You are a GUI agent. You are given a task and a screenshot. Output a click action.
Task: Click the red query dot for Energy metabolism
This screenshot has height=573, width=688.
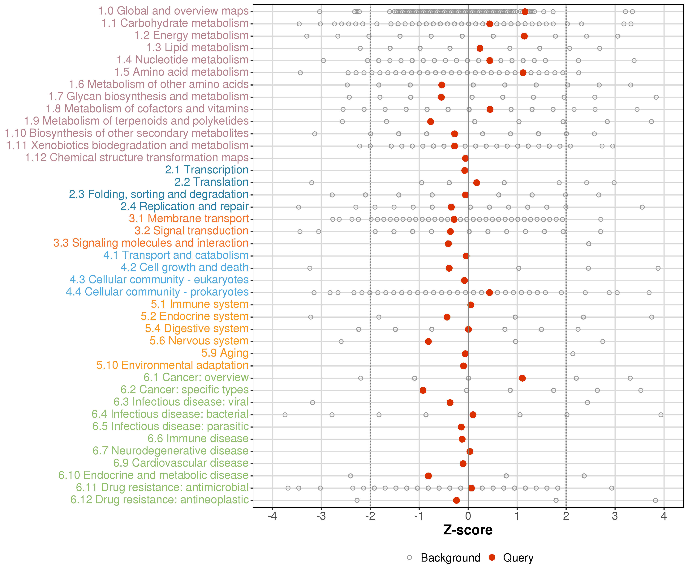[x=524, y=36]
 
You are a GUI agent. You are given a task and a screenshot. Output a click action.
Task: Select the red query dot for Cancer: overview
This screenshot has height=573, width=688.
[x=522, y=378]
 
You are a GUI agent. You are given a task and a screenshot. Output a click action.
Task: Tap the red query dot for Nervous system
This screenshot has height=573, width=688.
[x=428, y=342]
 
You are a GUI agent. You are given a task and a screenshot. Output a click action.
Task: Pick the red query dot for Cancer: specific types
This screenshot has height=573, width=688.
[x=423, y=390]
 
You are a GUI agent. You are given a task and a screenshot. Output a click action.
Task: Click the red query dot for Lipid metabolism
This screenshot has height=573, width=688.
[x=480, y=49]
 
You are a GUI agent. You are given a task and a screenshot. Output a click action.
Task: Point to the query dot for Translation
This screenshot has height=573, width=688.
[x=477, y=183]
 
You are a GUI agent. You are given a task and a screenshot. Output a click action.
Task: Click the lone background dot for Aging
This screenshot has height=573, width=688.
[x=573, y=354]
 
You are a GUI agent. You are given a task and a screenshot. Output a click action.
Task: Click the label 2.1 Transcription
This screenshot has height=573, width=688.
[x=207, y=170]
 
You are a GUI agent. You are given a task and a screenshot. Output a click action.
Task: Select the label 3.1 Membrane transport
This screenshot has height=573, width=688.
[x=189, y=219]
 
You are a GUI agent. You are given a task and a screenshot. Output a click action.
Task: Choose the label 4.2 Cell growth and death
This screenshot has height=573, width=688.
[x=184, y=268]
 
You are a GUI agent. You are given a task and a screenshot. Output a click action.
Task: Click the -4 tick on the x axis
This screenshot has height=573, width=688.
[x=272, y=516]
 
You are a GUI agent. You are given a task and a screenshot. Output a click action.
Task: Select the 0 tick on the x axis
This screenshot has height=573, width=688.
[x=468, y=516]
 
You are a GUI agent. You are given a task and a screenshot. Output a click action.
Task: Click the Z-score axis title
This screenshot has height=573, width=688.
[x=468, y=530]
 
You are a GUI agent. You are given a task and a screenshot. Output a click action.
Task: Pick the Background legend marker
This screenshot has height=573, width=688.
[x=410, y=557]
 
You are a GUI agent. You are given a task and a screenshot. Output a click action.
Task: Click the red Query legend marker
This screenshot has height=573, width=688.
[x=492, y=557]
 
